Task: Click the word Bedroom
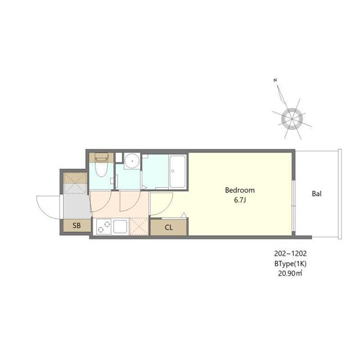coord(240,190)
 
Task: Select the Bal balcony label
coord(317,195)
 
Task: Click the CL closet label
coord(169,228)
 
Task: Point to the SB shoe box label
coord(76,226)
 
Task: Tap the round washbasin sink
coord(132,160)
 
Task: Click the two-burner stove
coord(103,227)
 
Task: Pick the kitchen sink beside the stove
coord(120,227)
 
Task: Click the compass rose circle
coord(291,119)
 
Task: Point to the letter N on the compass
coord(275,82)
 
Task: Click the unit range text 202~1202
coord(291,254)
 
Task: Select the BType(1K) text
coord(290,263)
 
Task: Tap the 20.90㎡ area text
coord(290,273)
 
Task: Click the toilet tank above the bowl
coord(101,157)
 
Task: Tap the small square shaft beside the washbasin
coord(118,157)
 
